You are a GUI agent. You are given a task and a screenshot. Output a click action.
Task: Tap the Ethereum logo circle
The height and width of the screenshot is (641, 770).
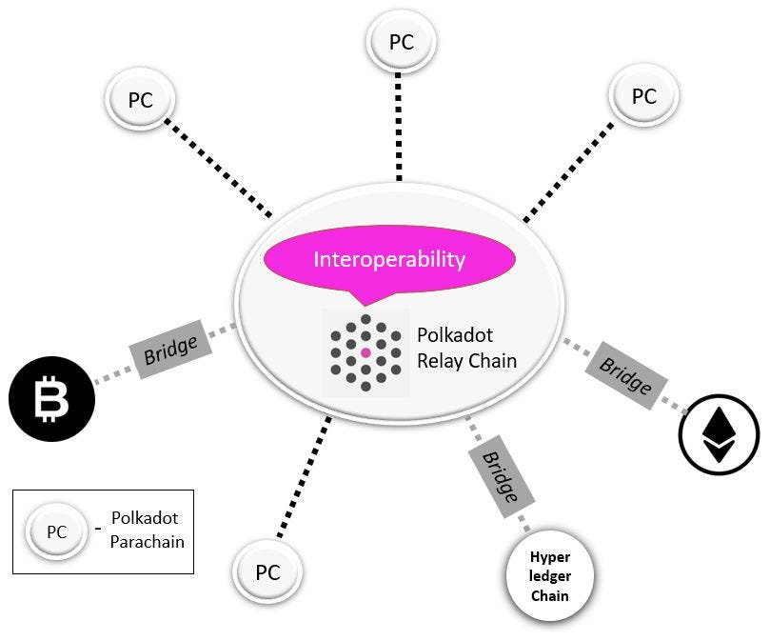[x=719, y=432]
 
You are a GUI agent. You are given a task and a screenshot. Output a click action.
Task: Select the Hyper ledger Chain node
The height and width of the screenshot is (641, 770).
[x=548, y=575]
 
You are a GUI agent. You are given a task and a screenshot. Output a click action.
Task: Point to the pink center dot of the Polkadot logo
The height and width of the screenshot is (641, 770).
[x=365, y=353]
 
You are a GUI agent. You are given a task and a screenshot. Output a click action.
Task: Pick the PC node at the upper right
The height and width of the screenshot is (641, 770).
[x=643, y=96]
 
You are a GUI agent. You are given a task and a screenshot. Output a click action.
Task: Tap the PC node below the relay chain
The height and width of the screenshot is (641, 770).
[x=267, y=573]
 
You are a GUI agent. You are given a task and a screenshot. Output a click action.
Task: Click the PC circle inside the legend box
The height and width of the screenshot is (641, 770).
[x=56, y=531]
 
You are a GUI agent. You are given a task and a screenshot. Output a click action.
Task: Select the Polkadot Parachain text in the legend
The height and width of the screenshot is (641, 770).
[x=144, y=531]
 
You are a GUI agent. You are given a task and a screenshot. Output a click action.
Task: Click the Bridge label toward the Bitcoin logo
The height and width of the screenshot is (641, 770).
[x=170, y=351]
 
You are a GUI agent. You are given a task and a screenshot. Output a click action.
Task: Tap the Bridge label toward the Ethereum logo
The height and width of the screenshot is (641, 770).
[x=625, y=374]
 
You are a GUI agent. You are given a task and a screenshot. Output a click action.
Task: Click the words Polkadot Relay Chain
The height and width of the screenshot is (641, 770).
[x=466, y=348]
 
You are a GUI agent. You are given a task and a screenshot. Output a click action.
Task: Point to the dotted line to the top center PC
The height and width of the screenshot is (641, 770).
[x=399, y=124]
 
